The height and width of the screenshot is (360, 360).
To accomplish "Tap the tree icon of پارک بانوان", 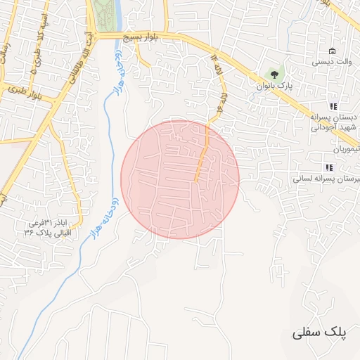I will pyautogui.click(x=274, y=72).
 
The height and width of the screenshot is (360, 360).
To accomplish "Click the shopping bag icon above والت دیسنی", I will pyautogui.click(x=332, y=51).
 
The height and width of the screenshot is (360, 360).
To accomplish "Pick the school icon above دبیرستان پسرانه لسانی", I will pyautogui.click(x=328, y=167).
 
